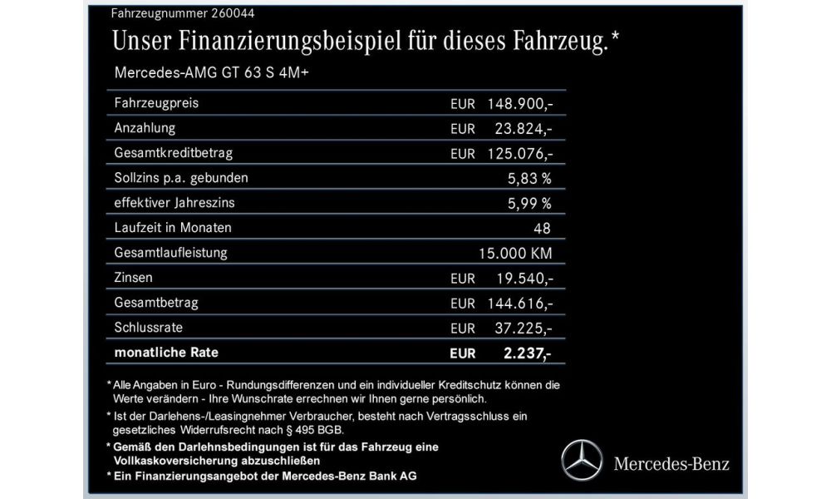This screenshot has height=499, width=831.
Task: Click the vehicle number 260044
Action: click(x=197, y=14)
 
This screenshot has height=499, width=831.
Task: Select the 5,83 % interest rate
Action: click(x=529, y=178)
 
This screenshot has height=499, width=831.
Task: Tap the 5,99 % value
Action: click(x=529, y=203)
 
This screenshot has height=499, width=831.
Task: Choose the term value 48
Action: click(x=544, y=227)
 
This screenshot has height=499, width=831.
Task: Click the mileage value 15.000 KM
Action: click(x=516, y=252)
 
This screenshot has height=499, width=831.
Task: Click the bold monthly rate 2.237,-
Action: click(x=527, y=353)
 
